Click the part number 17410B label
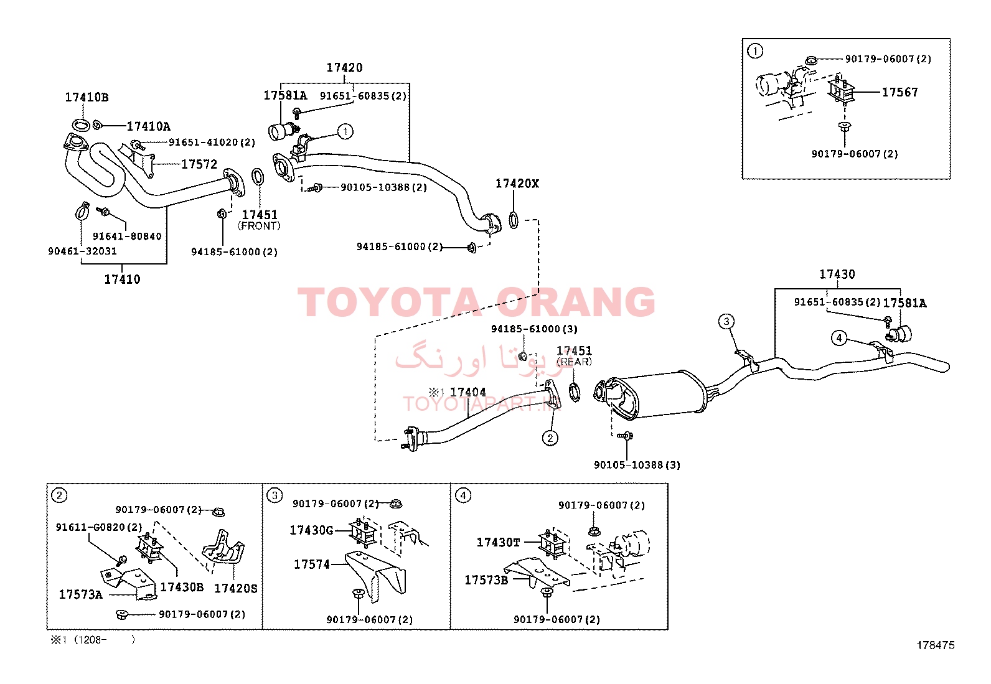coord(87,97)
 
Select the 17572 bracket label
coord(199,164)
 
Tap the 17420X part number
coord(517,184)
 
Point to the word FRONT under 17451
coord(259,226)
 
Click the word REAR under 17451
coord(575,362)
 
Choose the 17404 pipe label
coord(467,393)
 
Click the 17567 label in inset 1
coord(900,93)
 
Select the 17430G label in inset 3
coord(311,530)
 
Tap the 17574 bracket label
coord(312,565)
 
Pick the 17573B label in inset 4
coord(486,580)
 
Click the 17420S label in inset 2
coord(235,588)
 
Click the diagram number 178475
coord(935,645)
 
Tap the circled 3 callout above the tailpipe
coord(726,322)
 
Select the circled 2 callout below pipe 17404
coord(550,438)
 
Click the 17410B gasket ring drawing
coord(80,126)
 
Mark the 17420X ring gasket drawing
coord(514,220)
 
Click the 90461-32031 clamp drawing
coord(82,210)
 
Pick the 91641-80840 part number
coord(127,237)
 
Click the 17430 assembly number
coord(837,274)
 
